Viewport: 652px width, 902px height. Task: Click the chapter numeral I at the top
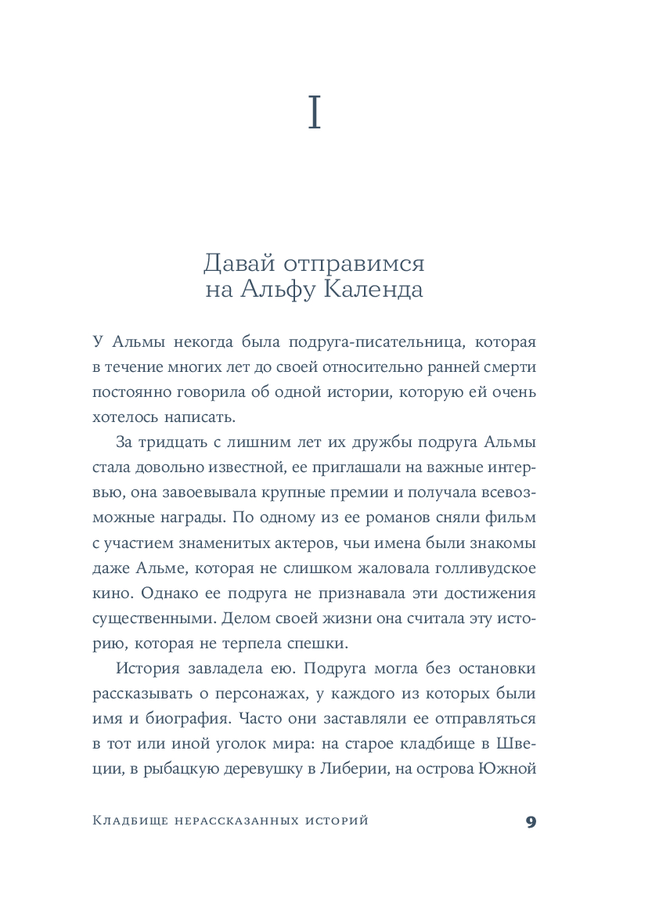pos(315,114)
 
